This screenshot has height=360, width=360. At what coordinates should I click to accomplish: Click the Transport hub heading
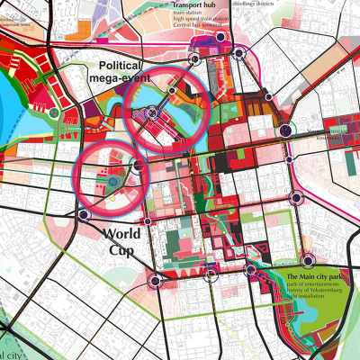pyautogui.click(x=194, y=4)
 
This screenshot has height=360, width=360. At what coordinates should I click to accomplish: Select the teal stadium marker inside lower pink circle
pyautogui.click(x=112, y=183)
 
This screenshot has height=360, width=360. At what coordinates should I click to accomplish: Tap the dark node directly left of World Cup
pyautogui.click(x=84, y=215)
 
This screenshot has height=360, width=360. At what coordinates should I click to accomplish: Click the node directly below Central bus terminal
pyautogui.click(x=192, y=60)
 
